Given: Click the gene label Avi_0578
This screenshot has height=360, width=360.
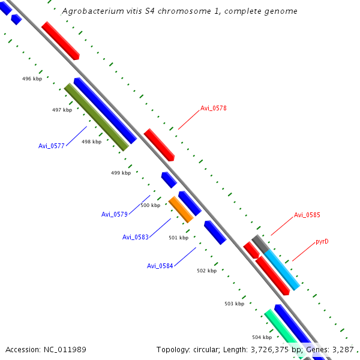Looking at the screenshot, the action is click(x=213, y=108).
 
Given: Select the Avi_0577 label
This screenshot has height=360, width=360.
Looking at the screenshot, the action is click(x=51, y=146).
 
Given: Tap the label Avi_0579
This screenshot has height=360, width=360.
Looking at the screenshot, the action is click(x=114, y=214).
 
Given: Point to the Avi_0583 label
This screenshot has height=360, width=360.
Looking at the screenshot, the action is click(x=135, y=237).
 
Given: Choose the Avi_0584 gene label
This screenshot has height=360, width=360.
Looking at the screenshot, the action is click(x=160, y=266).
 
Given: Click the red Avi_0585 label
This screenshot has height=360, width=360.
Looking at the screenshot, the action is click(x=307, y=214).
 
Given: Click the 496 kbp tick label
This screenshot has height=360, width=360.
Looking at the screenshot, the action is click(x=32, y=79).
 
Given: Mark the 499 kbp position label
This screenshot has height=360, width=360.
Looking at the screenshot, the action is click(x=121, y=173).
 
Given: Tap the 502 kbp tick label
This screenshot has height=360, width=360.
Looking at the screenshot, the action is click(x=206, y=271).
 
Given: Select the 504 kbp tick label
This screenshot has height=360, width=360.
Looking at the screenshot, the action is click(x=262, y=337).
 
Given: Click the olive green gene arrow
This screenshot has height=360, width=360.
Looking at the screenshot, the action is click(x=96, y=117).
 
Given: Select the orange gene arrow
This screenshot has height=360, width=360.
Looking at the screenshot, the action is click(x=181, y=209).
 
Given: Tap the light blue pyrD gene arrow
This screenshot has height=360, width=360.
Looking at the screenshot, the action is click(x=282, y=270).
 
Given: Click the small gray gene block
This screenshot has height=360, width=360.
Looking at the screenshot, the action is click(x=259, y=242).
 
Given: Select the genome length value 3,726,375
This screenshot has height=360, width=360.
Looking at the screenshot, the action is click(x=261, y=349).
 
